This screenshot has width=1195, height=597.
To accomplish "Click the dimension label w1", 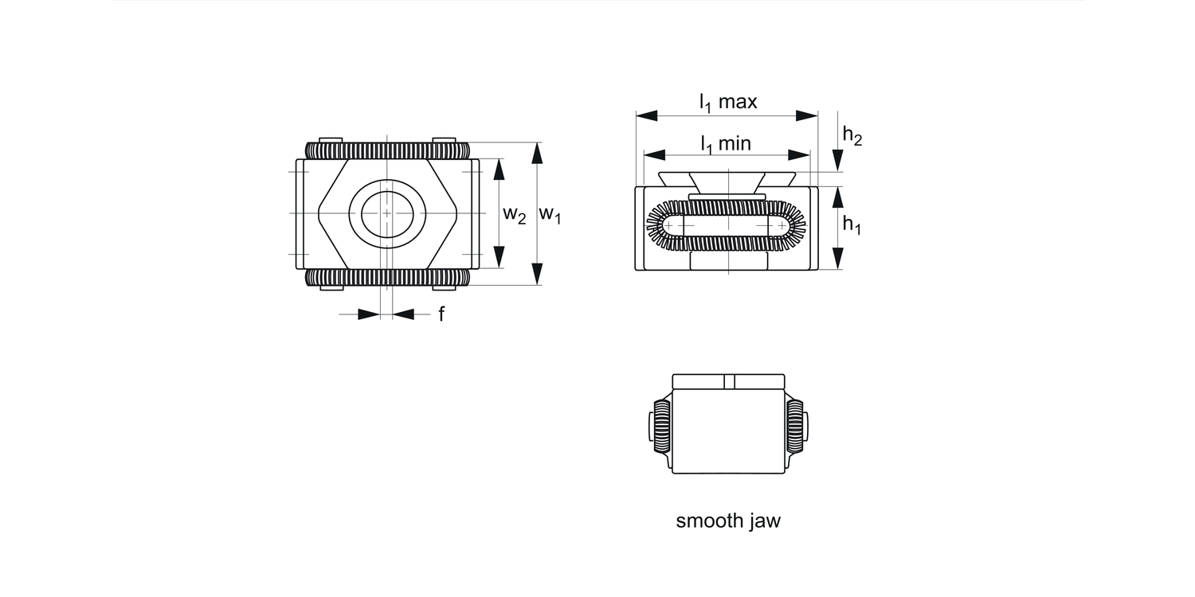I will pos(550,214).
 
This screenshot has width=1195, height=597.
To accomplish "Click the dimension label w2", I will pos(514,214).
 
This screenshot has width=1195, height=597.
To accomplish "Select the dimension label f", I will pos(441,314).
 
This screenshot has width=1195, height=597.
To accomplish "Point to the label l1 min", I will pos(725,144).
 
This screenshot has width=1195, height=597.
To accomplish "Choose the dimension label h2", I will pos(852,137).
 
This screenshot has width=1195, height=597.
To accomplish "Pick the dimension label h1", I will pos(852,226).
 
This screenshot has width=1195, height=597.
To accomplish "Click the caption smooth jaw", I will pos(728,521).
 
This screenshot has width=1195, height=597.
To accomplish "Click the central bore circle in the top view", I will pos(387,213).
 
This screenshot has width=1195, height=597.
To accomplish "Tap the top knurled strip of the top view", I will pos(387,150).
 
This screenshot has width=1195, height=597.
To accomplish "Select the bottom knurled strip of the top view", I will pos(387,278).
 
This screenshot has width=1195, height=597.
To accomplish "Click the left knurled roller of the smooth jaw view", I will pos(660,424).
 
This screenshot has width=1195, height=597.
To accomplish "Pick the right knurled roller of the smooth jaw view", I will pos(795,424).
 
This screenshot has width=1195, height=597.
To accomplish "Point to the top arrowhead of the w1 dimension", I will pos(537,153).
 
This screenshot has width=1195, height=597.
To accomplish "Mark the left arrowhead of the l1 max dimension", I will pos(646,116).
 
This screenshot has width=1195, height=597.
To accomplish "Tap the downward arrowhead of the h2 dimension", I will pos(837,159).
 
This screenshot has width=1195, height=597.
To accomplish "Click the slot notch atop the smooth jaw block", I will pos(728,381).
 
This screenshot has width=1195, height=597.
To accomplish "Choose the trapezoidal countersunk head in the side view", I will pos(727,182).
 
